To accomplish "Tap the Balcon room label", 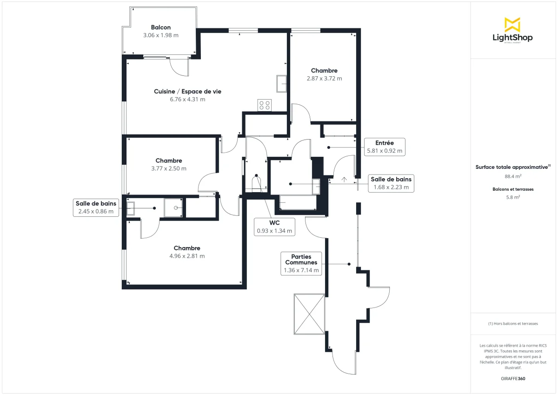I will click(161, 27).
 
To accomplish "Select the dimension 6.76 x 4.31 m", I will click(188, 99).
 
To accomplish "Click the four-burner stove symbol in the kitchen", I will click(265, 105).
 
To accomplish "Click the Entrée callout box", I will click(384, 147).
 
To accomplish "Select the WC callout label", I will click(274, 227).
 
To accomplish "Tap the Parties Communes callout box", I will click(301, 263).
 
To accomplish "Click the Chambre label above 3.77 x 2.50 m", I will click(169, 161).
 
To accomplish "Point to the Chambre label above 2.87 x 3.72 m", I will click(324, 71).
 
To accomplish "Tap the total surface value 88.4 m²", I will click(512, 176).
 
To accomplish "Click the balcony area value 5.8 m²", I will click(513, 197).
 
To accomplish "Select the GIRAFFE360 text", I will click(513, 379).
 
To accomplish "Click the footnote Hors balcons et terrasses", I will click(513, 323).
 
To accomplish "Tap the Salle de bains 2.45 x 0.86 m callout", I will click(96, 207).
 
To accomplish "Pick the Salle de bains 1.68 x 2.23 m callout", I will click(391, 183).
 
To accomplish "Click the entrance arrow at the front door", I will click(345, 179).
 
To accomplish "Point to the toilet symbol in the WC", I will click(256, 182).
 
